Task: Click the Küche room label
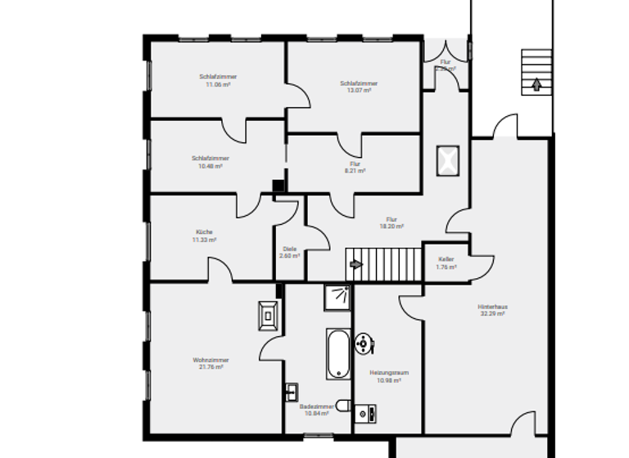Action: tap(204, 232)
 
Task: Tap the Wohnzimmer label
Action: tap(210, 360)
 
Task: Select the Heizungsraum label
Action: tap(389, 373)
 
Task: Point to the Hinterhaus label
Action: tap(491, 308)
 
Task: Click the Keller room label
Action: tap(446, 259)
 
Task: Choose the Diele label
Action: tap(289, 249)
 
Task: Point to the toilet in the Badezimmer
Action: tap(343, 405)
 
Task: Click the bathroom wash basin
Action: tap(291, 391)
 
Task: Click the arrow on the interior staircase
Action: tap(355, 264)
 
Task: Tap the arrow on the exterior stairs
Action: tap(536, 83)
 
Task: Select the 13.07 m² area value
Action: tap(359, 91)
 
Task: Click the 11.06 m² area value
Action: tap(217, 84)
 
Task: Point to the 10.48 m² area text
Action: tap(210, 166)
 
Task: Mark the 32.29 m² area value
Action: tap(491, 314)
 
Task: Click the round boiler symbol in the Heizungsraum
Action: tap(363, 342)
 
